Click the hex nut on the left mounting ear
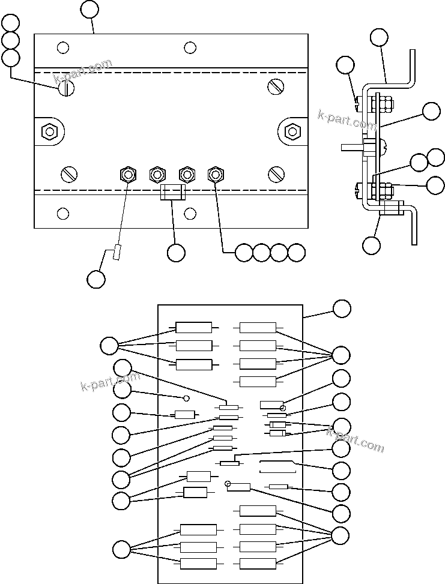(48, 131)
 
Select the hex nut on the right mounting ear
(292, 131)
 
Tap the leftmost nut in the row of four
(128, 175)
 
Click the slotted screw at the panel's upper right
(275, 87)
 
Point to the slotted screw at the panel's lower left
(69, 175)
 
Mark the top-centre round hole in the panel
(190, 47)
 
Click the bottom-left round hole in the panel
(62, 213)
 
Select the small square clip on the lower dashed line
(172, 193)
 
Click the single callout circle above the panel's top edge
(89, 9)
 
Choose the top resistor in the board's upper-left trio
(193, 328)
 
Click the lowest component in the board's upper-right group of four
(258, 381)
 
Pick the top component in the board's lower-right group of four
(258, 511)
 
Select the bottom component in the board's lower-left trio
(198, 563)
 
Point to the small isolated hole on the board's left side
(186, 398)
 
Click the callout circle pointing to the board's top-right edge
(342, 309)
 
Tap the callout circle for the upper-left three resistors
(109, 346)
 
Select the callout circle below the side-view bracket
(372, 245)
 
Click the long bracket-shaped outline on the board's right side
(277, 467)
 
